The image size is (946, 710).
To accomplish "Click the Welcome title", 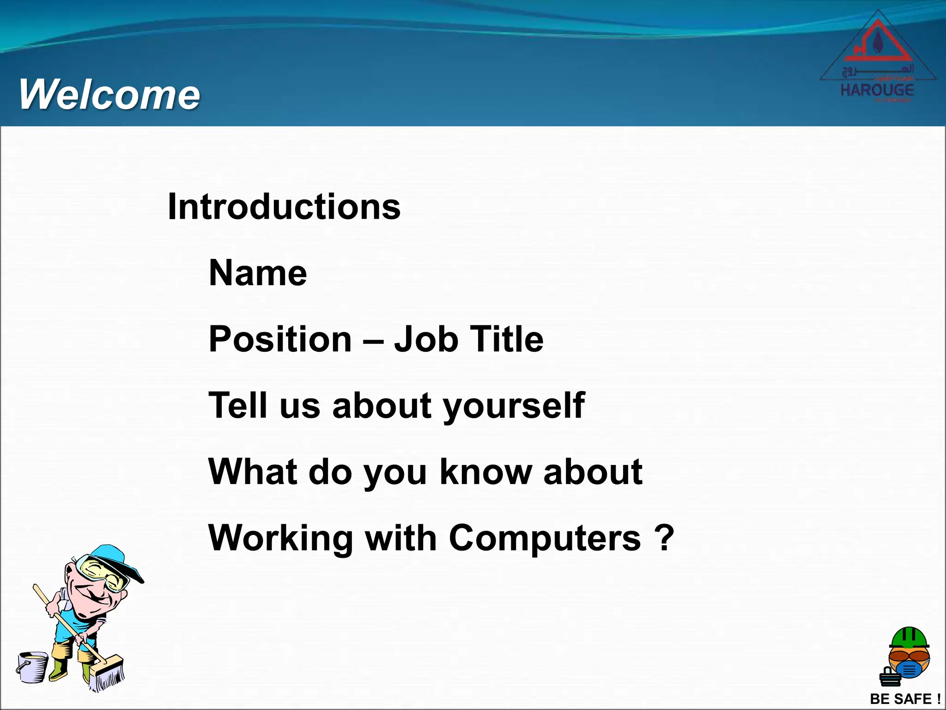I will click(x=109, y=95).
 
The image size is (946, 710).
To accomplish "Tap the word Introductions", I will click(x=284, y=207).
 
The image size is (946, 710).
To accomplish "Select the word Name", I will click(x=258, y=273).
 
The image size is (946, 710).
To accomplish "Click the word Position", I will click(x=280, y=339).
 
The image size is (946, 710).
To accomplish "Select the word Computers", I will click(x=545, y=539).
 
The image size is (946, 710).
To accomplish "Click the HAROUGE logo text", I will click(x=877, y=90).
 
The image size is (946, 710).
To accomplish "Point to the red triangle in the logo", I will click(x=878, y=44).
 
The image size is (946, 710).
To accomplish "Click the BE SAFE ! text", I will click(x=905, y=699).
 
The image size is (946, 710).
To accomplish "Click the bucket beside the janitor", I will click(x=32, y=667).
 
